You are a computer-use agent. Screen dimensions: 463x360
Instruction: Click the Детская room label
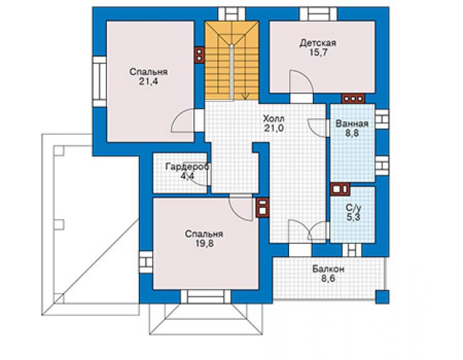[318, 43]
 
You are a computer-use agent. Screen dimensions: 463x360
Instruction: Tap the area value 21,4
[148, 81]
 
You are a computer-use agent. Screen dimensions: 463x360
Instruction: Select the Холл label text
[273, 119]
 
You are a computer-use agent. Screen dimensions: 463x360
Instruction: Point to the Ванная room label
[352, 123]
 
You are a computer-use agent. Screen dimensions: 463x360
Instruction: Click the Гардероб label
[187, 167]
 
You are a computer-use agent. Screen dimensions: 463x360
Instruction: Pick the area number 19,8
[204, 244]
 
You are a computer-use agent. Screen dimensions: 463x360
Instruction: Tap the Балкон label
[328, 269]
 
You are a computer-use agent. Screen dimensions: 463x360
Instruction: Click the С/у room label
[353, 208]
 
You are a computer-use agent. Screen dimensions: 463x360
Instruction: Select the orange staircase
[232, 61]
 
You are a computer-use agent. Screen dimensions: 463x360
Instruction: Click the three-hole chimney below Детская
[353, 98]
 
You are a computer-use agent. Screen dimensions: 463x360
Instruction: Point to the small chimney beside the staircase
[200, 54]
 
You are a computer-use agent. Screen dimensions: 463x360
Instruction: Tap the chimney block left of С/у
[340, 189]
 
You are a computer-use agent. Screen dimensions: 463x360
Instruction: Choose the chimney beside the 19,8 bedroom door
[263, 207]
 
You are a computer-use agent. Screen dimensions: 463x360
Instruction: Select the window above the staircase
[232, 14]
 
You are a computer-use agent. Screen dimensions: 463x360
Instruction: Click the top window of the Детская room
[318, 14]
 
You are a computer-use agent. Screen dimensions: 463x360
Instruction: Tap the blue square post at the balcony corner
[382, 297]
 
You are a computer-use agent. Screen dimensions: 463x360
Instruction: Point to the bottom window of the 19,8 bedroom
[206, 296]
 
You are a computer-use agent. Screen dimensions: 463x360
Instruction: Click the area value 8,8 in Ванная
[352, 133]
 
